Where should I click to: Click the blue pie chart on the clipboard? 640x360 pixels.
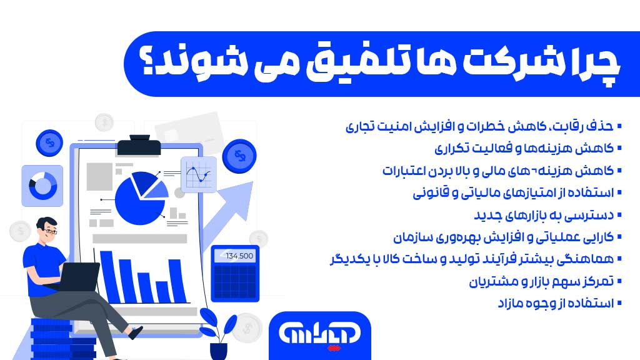[141, 196]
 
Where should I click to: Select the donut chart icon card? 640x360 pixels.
[42, 186]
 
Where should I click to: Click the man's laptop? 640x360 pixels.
[78, 278]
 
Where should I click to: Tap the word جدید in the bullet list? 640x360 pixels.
[494, 215]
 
